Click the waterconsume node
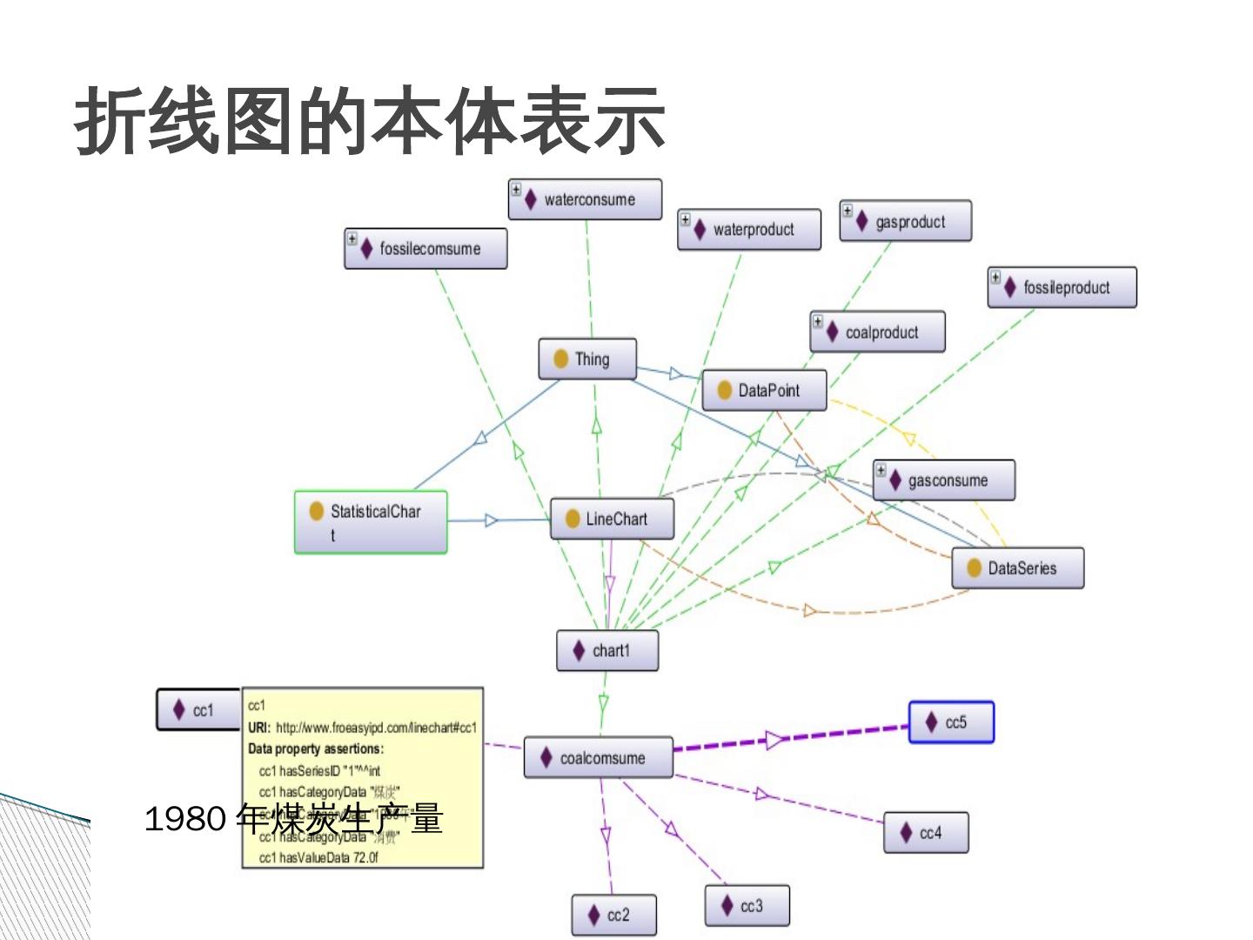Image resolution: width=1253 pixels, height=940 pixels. click(585, 199)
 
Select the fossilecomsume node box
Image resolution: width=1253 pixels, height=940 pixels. click(425, 249)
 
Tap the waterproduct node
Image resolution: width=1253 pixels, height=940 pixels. click(749, 230)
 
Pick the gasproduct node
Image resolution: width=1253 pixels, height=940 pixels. click(905, 222)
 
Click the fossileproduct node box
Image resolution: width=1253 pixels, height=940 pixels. click(1062, 287)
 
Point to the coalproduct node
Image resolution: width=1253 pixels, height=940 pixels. click(877, 332)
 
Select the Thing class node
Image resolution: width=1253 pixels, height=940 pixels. click(587, 359)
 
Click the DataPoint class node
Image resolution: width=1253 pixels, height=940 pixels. click(764, 390)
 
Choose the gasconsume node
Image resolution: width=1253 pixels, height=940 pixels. click(944, 480)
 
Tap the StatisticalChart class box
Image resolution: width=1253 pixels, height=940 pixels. click(371, 521)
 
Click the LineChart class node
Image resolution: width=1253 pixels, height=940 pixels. click(612, 519)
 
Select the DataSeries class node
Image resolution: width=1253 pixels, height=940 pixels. click(1017, 568)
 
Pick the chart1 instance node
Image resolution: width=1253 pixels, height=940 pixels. click(607, 651)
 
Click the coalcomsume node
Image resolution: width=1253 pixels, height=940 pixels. click(599, 758)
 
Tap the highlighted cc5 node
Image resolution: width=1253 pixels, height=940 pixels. click(951, 722)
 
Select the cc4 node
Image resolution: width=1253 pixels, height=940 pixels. click(926, 833)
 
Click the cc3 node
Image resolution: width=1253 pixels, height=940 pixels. click(747, 906)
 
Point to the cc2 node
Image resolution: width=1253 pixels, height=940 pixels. click(613, 916)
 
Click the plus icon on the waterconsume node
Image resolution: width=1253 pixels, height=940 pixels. click(516, 189)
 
